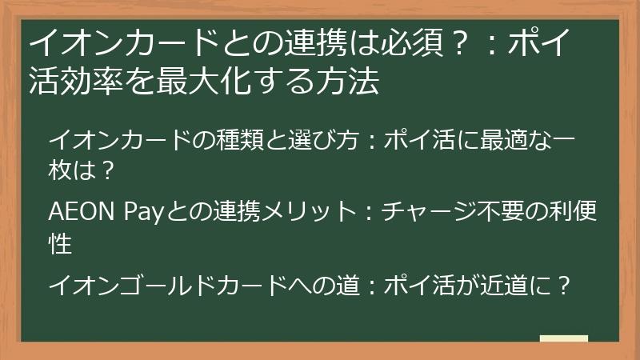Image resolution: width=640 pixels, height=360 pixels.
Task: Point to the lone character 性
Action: coord(61,242)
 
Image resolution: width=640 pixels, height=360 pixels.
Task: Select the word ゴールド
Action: coord(160,284)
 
